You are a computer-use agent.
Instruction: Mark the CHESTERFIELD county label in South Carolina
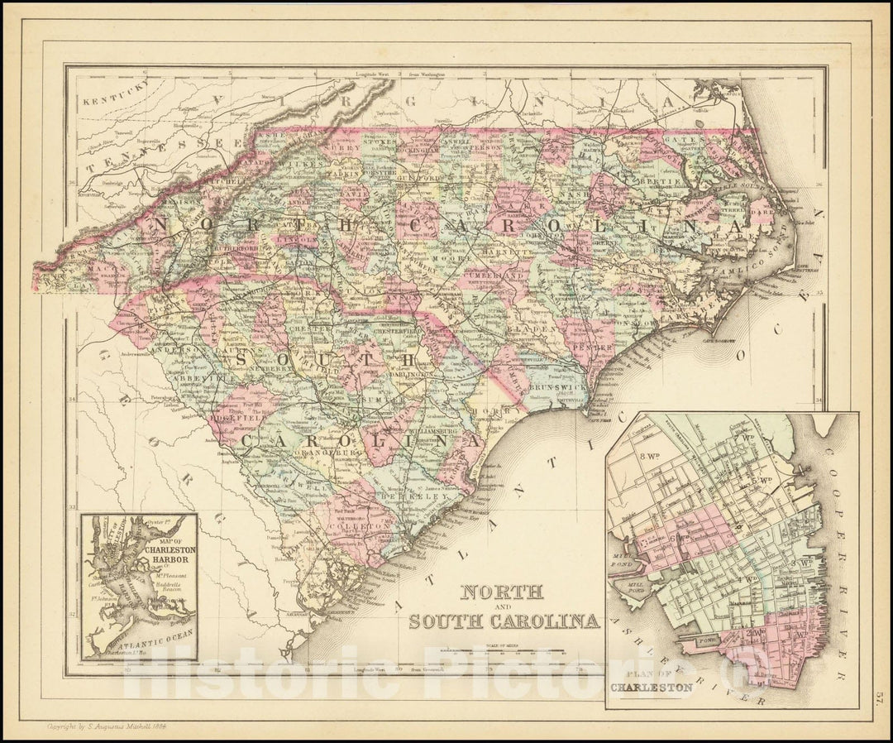click(x=395, y=332)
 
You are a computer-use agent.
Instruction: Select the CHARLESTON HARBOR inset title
click(x=168, y=550)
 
